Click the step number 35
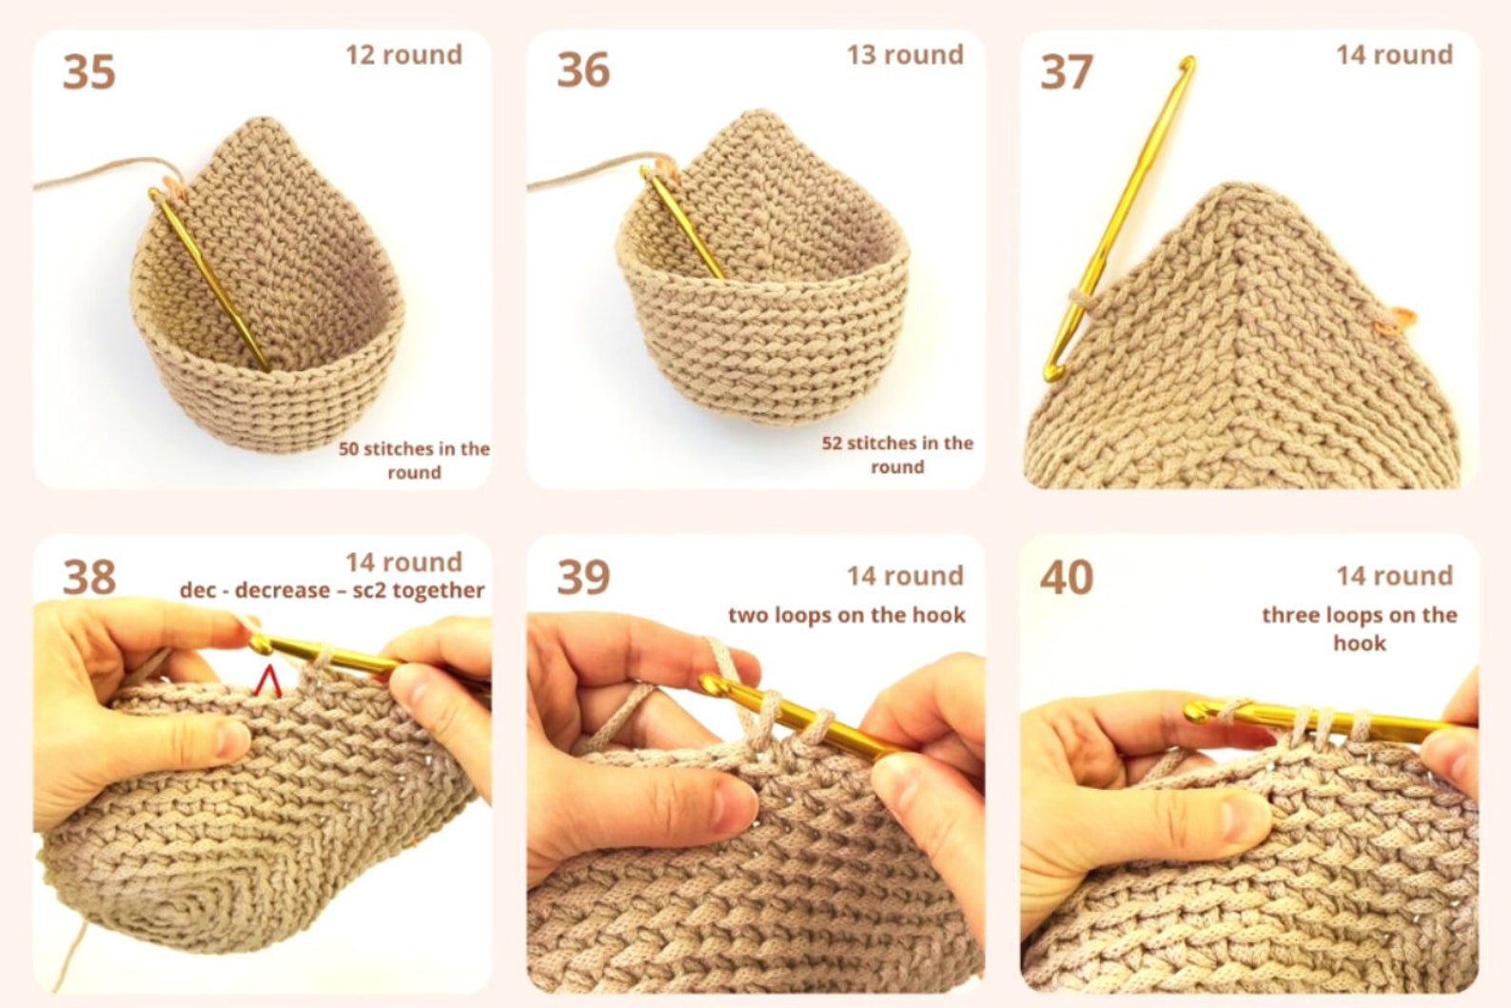click(x=89, y=72)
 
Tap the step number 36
click(x=582, y=70)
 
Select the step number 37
click(x=1066, y=72)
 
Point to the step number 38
click(x=89, y=577)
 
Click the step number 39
click(x=582, y=577)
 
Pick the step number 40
click(x=1066, y=577)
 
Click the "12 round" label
click(x=403, y=55)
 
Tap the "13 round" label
click(x=905, y=55)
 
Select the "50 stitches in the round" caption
click(x=414, y=461)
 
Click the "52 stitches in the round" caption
click(x=897, y=455)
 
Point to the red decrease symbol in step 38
click(x=268, y=681)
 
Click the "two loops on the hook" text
click(x=847, y=615)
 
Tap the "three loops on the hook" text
click(x=1360, y=628)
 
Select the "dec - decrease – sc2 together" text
click(x=332, y=590)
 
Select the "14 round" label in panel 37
click(x=1394, y=55)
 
